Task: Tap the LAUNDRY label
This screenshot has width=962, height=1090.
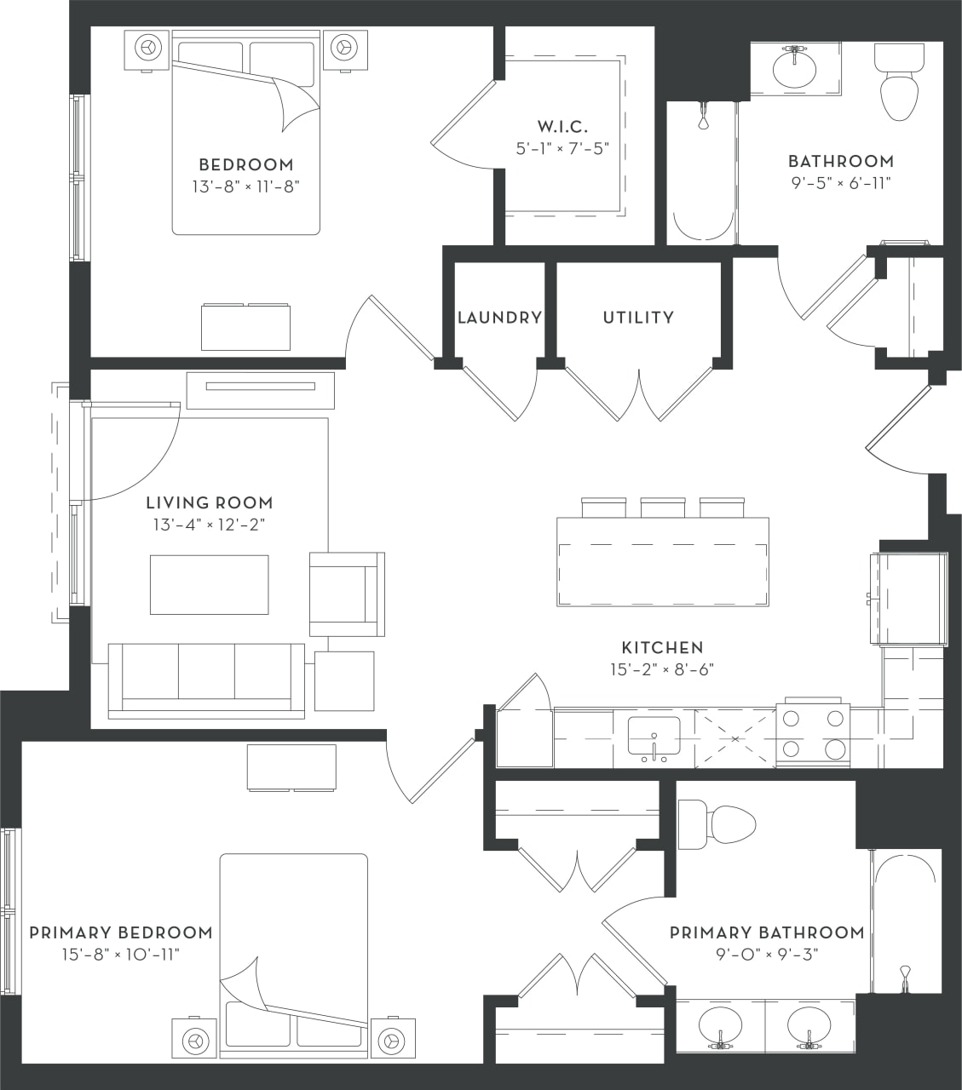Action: pos(499,318)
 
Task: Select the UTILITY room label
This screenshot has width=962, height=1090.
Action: pos(638,318)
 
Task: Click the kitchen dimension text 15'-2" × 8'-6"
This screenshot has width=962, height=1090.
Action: pos(661,669)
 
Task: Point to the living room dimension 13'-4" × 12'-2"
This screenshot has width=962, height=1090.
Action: pos(209,525)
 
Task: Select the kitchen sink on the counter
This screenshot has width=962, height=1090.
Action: pos(654,737)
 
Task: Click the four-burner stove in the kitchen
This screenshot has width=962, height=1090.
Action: pos(813,734)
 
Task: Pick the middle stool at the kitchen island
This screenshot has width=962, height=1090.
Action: pos(663,508)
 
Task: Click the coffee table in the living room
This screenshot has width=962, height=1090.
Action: pos(209,584)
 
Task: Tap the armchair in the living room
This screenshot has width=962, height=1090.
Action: pos(345,594)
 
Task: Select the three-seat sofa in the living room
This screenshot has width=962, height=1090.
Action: pos(206,680)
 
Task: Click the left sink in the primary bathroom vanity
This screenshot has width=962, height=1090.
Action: pos(720,1026)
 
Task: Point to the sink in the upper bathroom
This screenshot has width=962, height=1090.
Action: pos(794,69)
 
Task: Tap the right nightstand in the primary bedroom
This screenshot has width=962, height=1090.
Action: pos(391,1039)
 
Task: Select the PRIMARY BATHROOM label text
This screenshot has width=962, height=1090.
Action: pos(766,932)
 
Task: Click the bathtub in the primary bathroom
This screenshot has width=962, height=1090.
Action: pos(907,920)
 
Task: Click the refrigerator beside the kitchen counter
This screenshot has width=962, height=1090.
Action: pos(908,599)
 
